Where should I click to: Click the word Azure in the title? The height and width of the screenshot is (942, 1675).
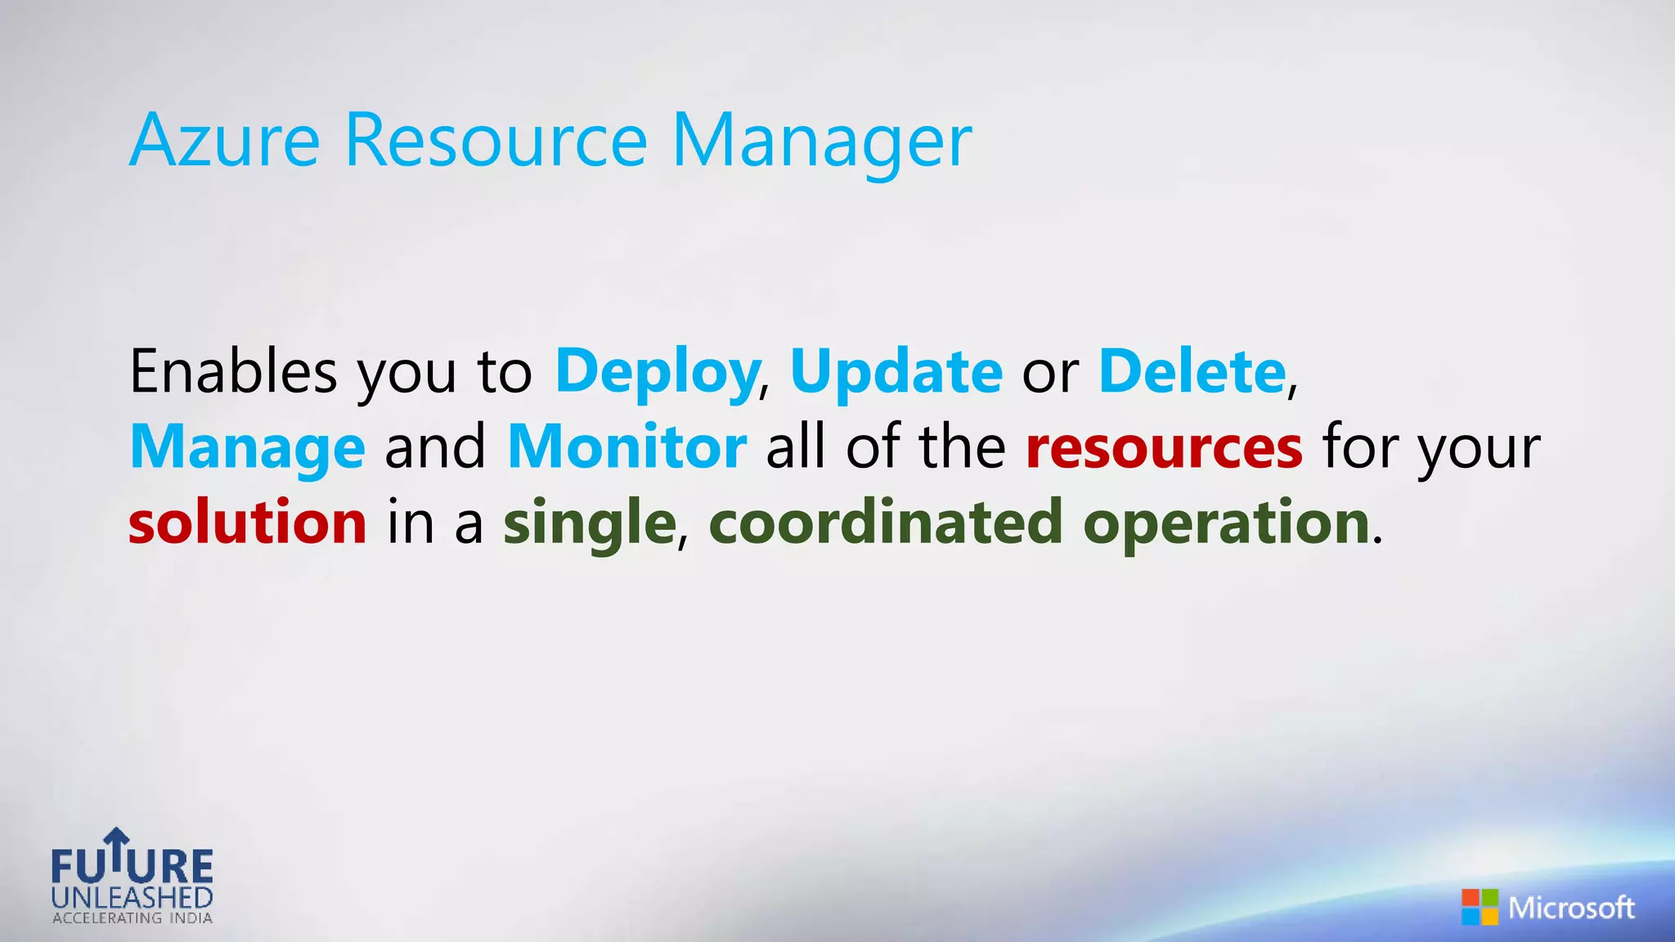click(224, 141)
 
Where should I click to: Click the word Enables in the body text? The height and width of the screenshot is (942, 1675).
click(233, 371)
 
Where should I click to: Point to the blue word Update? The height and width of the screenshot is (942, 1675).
click(896, 373)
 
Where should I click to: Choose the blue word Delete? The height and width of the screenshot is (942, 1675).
click(1192, 371)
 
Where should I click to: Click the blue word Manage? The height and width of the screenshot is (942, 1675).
click(247, 448)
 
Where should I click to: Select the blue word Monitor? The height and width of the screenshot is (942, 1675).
click(626, 446)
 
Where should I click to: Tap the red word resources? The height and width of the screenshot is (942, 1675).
click(1164, 448)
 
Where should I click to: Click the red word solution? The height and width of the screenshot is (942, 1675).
click(247, 523)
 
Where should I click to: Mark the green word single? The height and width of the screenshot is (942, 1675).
click(589, 524)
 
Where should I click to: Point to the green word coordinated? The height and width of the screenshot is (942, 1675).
click(886, 523)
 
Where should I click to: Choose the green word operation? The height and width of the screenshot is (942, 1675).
click(1226, 524)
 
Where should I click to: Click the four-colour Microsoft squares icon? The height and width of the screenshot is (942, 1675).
click(1480, 907)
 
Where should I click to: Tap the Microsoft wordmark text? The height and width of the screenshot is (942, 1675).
click(1571, 908)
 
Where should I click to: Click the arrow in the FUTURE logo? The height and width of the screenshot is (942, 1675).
click(117, 847)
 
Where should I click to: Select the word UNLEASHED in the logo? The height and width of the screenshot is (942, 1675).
click(132, 898)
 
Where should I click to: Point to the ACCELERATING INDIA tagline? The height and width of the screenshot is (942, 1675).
click(132, 918)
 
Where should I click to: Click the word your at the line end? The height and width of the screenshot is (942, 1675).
click(1480, 448)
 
